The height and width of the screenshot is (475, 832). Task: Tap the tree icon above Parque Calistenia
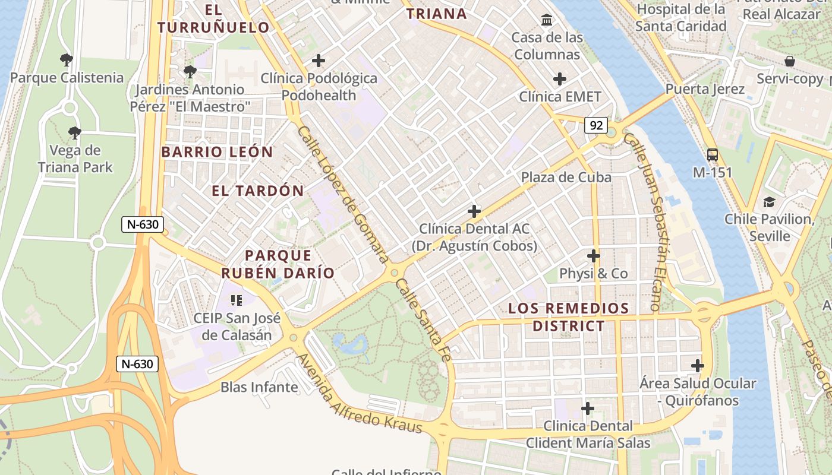(67, 59)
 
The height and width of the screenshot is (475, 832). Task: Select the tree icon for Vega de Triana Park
(74, 132)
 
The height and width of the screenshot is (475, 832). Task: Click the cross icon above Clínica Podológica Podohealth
(319, 61)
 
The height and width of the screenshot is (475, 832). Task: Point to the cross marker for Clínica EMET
(559, 79)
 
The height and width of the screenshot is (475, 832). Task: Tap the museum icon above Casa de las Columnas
(547, 21)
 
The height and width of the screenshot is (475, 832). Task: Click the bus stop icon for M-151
(713, 155)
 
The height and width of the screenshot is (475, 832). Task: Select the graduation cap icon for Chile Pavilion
(769, 202)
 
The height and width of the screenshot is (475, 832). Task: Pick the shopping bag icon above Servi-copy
(790, 61)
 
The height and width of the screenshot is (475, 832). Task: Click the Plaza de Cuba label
(566, 177)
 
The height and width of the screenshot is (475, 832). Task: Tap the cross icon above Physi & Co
(593, 256)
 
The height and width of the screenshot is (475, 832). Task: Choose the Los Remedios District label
(568, 317)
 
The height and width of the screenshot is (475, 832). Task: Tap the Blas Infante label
(259, 387)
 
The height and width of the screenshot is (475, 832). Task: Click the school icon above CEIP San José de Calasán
(237, 300)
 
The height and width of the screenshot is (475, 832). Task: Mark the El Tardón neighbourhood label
(258, 191)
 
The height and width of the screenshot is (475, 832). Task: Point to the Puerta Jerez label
(705, 89)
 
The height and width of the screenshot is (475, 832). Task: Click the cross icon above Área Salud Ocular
(698, 366)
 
